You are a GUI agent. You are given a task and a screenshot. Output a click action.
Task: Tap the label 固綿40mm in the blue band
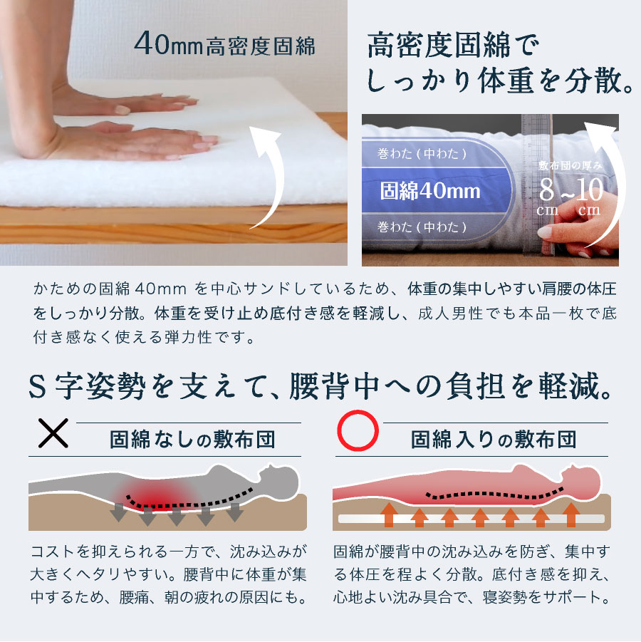point(429,191)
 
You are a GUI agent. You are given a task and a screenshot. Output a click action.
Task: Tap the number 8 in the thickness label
point(547,190)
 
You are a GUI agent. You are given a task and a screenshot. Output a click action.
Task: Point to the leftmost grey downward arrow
point(115,514)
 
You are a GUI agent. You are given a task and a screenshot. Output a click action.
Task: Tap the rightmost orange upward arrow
point(570,515)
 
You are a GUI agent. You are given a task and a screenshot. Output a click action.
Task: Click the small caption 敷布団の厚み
point(570,165)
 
